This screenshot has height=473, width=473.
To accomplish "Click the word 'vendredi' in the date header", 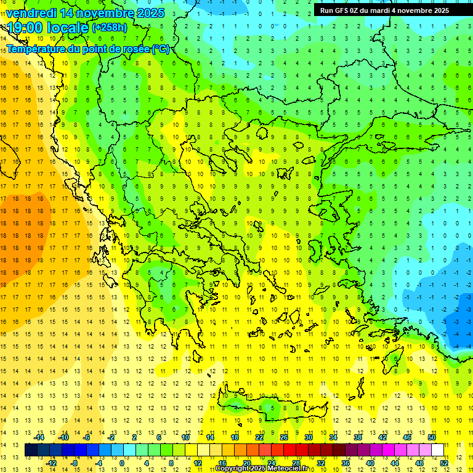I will click(x=31, y=13).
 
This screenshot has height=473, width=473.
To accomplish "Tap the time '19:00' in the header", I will click(x=25, y=28).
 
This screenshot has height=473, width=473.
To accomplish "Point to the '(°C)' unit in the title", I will click(x=160, y=49).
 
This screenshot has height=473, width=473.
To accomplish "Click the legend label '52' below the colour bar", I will click(x=445, y=463).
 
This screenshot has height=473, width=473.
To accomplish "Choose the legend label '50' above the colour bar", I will click(x=432, y=437).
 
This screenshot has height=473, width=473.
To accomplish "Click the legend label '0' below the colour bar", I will click(x=122, y=463).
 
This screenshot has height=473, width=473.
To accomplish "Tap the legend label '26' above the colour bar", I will click(x=284, y=437).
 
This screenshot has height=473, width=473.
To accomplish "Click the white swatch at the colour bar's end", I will click(x=438, y=450).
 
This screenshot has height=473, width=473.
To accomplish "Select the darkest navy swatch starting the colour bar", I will click(x=31, y=450).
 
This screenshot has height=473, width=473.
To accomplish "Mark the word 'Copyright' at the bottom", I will click(x=235, y=469).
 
